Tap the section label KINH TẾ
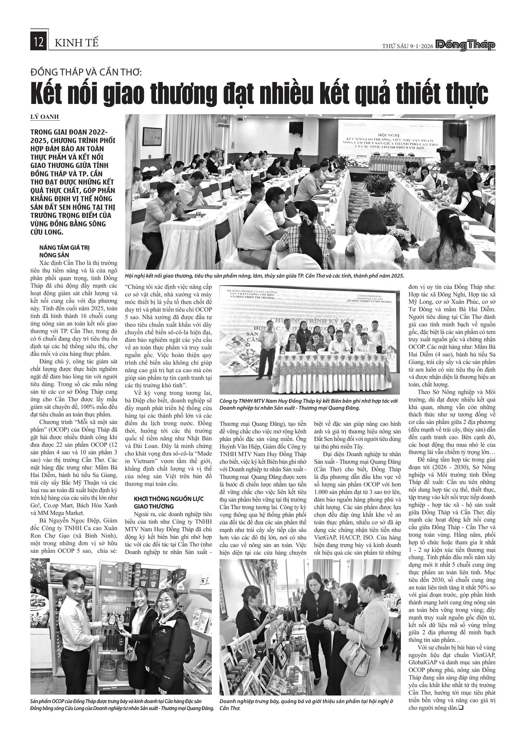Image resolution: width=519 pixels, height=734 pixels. click(76, 42)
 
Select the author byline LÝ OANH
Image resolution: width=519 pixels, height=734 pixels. click(45, 117)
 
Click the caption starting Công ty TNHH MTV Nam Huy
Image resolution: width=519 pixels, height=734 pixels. click(308, 404)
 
